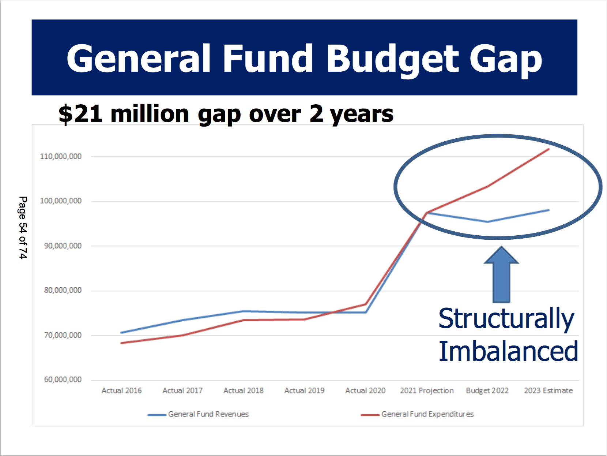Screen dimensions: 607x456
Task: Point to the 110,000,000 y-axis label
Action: point(61,156)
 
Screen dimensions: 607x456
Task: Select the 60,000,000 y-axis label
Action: point(63,380)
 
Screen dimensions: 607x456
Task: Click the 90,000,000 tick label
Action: point(63,246)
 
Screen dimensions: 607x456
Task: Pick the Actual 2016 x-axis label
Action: point(121,390)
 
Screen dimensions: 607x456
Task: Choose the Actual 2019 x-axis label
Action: point(304,390)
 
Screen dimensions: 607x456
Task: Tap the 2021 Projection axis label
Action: point(426,390)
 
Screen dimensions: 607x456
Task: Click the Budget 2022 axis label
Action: point(487,390)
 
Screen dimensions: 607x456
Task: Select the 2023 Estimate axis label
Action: point(548,390)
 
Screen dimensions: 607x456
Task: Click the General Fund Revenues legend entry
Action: point(208,414)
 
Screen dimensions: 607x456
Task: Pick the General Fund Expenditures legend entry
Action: point(427,414)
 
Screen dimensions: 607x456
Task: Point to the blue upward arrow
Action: point(501,274)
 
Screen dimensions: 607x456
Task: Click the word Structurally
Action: point(506,318)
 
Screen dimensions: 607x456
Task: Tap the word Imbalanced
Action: point(508,351)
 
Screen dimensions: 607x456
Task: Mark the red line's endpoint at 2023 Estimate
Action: point(548,149)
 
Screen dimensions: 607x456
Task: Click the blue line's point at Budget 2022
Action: point(487,222)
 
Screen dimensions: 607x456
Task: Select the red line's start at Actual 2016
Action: point(121,343)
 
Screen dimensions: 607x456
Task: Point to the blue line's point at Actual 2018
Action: point(244,311)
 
